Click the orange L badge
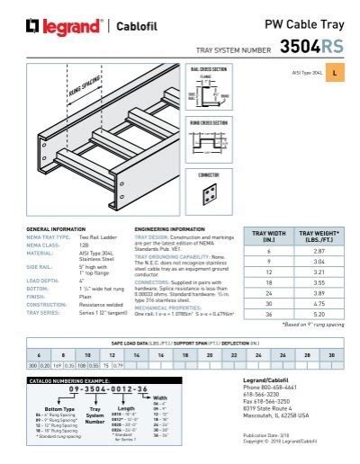[x=335, y=71]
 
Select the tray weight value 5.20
[x=318, y=314]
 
